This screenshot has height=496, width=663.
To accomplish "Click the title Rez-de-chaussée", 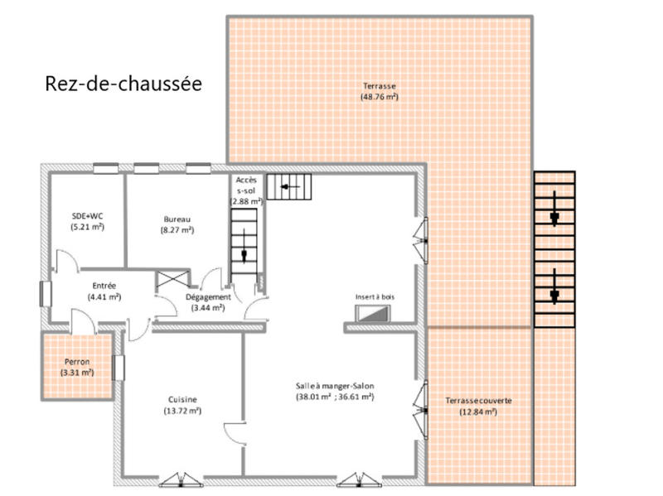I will (x=123, y=84).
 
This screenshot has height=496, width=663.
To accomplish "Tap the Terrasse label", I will (x=379, y=86).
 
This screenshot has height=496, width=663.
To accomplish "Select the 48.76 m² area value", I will (x=379, y=97).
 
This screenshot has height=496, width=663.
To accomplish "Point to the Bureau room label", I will (x=177, y=219).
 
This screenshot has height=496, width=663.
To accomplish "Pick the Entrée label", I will (x=104, y=286).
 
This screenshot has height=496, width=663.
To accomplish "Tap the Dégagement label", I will (x=207, y=296).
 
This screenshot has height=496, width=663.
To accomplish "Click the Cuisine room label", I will (x=182, y=399).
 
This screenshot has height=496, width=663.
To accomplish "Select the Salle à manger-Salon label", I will (x=335, y=386).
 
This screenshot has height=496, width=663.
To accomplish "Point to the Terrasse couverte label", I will (x=478, y=401).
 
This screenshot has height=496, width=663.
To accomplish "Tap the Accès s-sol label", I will (x=246, y=185).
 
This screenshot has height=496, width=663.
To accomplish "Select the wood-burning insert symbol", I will (x=372, y=313).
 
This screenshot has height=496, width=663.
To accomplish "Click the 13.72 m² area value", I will (x=182, y=411).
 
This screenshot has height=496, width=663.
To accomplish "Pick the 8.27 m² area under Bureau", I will (x=177, y=229).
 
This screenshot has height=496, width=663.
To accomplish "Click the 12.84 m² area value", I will (x=478, y=412).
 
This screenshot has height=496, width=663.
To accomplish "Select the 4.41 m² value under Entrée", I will (x=104, y=296).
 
